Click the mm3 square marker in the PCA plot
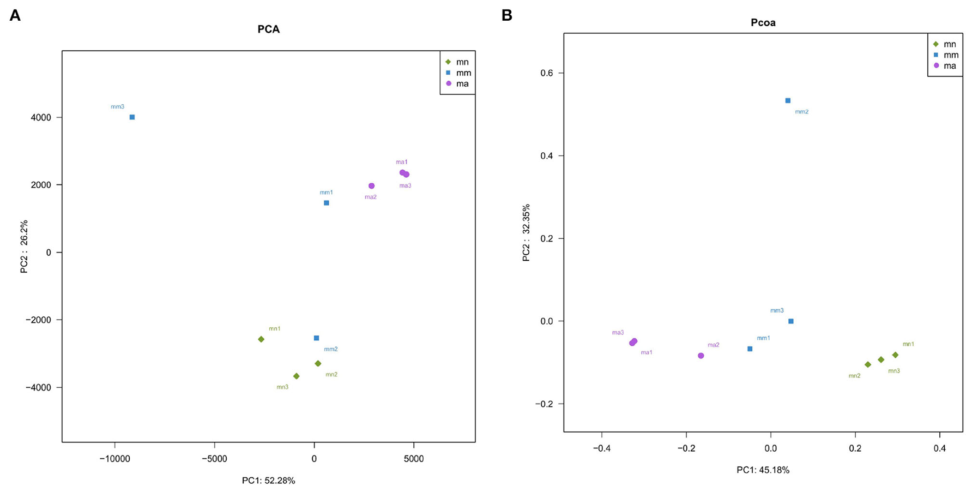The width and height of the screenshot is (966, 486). (x=132, y=117)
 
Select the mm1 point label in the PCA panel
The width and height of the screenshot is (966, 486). (x=326, y=193)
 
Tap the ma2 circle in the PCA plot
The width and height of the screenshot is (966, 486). (x=372, y=186)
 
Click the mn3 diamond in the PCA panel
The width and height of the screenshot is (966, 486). (x=297, y=376)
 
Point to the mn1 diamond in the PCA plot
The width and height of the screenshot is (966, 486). (x=261, y=339)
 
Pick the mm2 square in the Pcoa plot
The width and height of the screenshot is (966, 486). (x=788, y=101)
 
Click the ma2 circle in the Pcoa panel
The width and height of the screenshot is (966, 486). (x=701, y=356)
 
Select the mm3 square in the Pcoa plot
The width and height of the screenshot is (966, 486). (x=791, y=321)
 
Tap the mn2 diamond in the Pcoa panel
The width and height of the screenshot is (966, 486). (x=868, y=364)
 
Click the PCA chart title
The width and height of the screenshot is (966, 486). (x=269, y=29)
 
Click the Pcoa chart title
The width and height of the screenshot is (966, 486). (x=763, y=23)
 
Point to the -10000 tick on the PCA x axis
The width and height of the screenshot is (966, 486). (x=114, y=459)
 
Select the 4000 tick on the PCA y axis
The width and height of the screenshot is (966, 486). (x=41, y=117)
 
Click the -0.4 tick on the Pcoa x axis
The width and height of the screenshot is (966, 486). (x=601, y=448)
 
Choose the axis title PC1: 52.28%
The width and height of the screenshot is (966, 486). (x=269, y=481)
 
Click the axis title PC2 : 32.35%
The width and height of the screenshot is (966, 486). (x=526, y=233)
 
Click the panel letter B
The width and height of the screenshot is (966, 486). (x=507, y=15)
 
